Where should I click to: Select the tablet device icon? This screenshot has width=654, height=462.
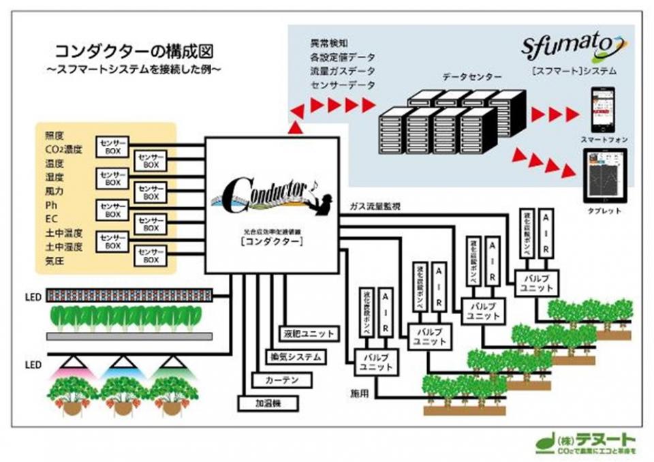pos(602,176)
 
